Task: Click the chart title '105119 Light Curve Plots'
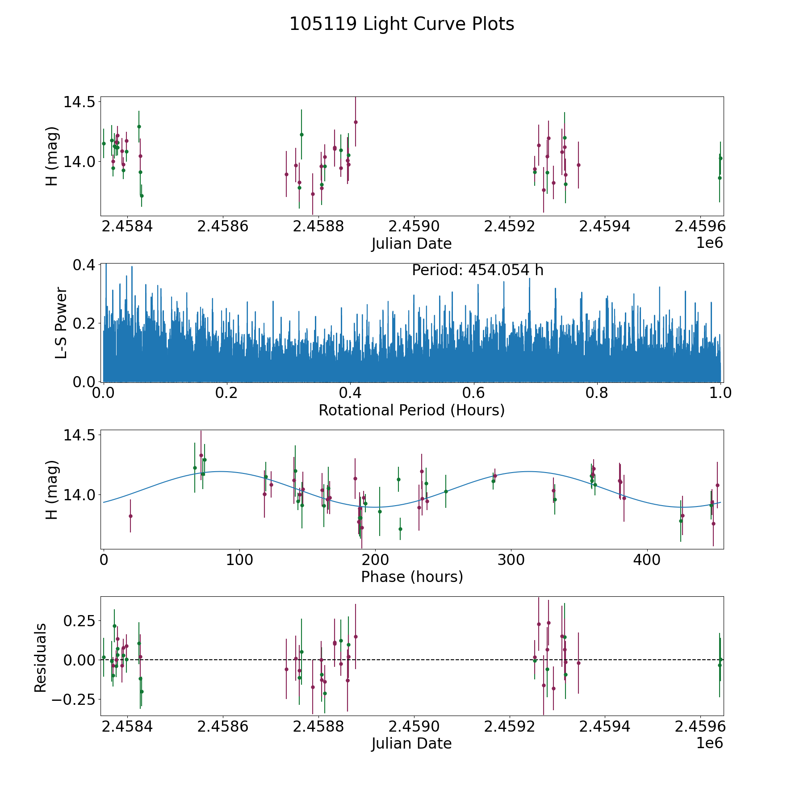point(402,24)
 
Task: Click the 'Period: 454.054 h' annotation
point(477,270)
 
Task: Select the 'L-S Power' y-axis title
point(61,322)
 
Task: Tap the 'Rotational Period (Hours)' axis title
point(411,410)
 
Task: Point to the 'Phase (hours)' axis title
point(411,577)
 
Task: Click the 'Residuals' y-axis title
point(41,658)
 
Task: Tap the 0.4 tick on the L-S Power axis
point(84,265)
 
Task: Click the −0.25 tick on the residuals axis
point(74,699)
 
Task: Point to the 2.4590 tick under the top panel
point(414,226)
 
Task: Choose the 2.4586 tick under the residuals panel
point(222,727)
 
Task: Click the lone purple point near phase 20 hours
point(130,516)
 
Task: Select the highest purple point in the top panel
point(356,122)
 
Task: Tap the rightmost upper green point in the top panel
point(720,158)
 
